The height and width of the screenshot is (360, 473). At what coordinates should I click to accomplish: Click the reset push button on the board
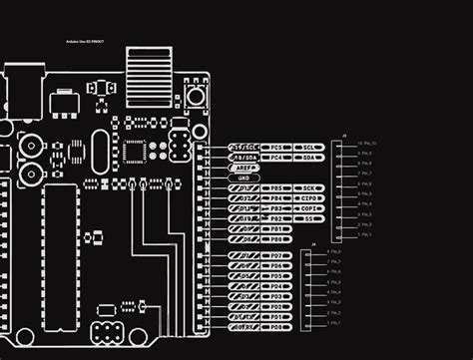point(196,98)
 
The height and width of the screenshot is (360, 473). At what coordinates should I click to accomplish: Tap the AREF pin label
point(244,168)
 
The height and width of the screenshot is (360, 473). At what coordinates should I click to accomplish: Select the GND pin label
point(244,178)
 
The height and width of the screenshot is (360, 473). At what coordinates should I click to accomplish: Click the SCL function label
point(310,147)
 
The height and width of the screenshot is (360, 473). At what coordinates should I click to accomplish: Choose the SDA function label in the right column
point(310,158)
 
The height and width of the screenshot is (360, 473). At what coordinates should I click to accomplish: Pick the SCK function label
point(310,187)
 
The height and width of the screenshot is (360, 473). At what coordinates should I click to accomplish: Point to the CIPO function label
point(310,197)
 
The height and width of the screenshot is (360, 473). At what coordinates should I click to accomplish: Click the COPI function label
point(310,208)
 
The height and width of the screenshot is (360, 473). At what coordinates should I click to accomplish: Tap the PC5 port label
point(278,147)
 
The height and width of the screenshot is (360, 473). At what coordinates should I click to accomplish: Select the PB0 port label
point(278,239)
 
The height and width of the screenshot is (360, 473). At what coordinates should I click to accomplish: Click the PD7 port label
point(278,256)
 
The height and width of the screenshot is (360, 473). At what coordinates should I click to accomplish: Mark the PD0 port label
point(278,326)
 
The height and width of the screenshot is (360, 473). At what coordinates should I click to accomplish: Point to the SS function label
point(310,218)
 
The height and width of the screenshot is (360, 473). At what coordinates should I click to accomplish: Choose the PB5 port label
point(278,187)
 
